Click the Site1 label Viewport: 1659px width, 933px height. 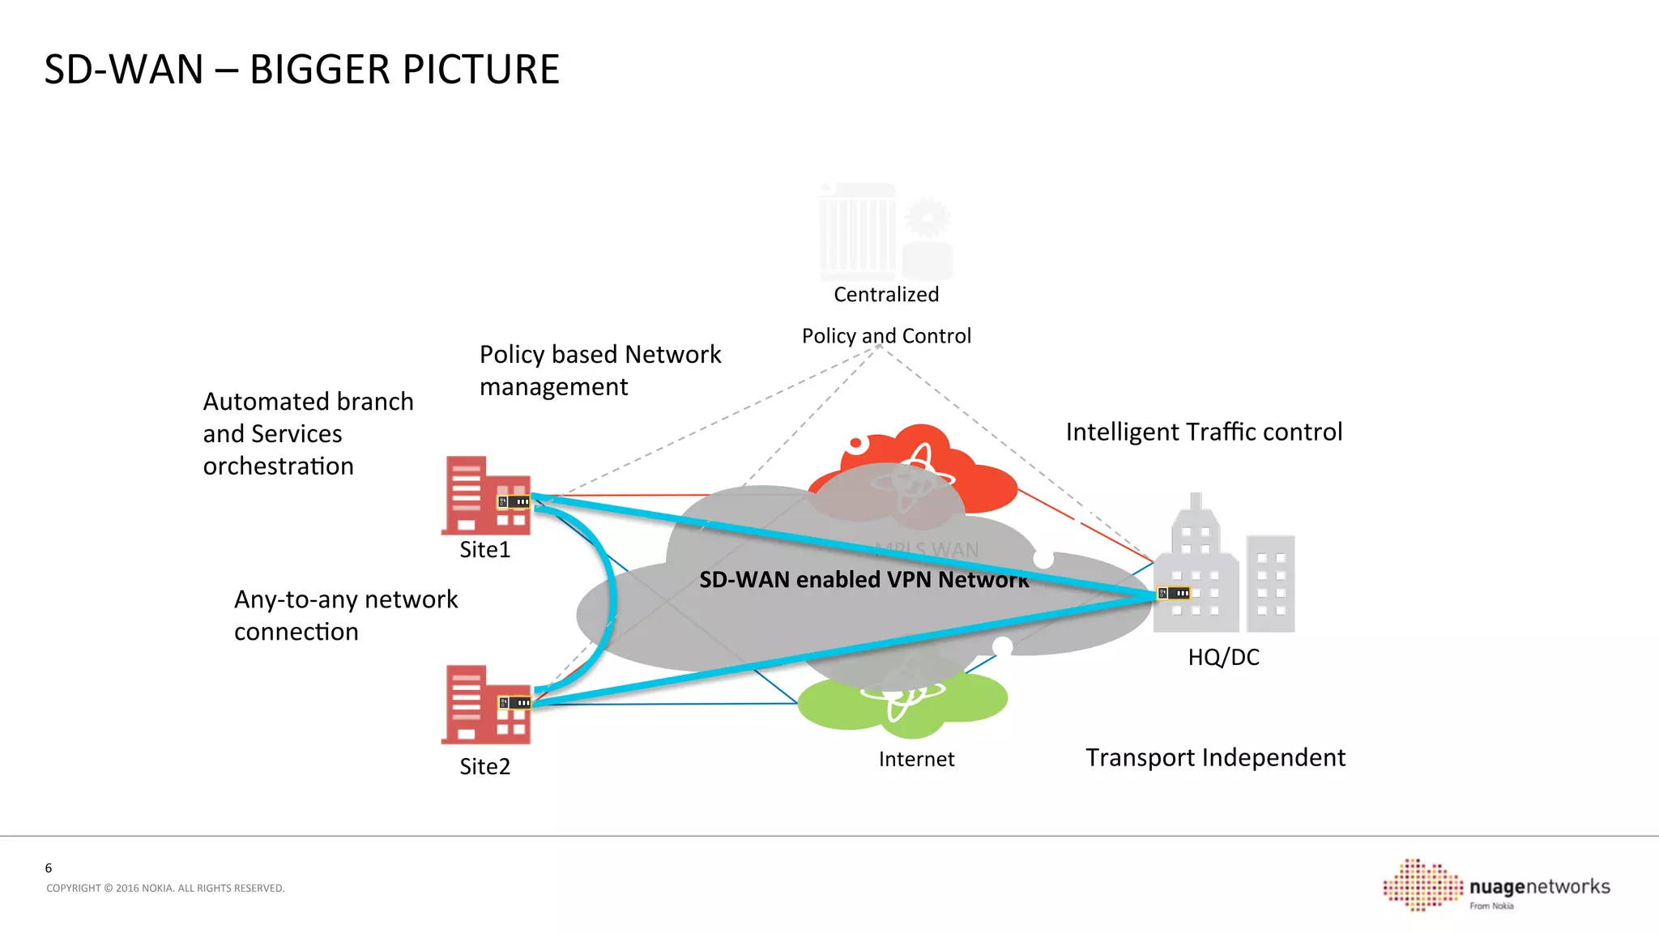point(484,550)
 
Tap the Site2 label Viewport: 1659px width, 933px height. point(484,767)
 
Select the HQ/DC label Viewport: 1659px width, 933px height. point(1223,657)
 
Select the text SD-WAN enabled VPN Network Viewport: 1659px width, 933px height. point(864,580)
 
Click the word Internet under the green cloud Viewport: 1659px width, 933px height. point(916,760)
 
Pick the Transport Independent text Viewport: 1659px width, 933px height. point(1215,757)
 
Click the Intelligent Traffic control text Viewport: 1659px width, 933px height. point(1204,432)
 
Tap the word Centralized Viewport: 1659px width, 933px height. point(886,295)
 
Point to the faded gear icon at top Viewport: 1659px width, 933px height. point(927,217)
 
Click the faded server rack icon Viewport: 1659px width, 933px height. point(857,231)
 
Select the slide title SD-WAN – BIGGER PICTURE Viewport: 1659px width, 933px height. point(301,70)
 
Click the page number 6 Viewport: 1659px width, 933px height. point(49,868)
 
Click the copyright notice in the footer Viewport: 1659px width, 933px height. point(165,888)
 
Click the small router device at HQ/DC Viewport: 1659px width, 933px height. point(1174,594)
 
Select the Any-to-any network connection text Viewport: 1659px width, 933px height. point(346,616)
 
